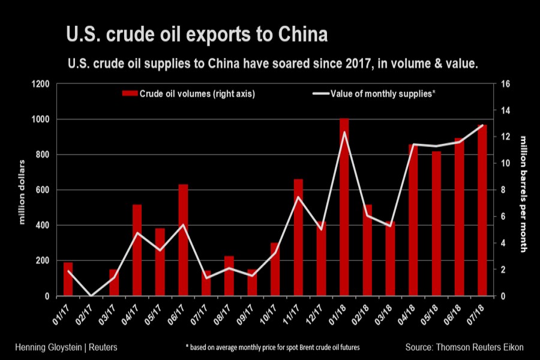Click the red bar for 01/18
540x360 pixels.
pyautogui.click(x=344, y=207)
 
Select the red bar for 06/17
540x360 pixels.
pyautogui.click(x=183, y=240)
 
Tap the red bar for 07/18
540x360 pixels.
pyautogui.click(x=482, y=210)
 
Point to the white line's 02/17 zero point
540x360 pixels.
pyautogui.click(x=91, y=296)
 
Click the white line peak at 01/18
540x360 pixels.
pyautogui.click(x=344, y=132)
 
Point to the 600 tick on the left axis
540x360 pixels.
pyautogui.click(x=43, y=190)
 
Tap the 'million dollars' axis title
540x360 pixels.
pyautogui.click(x=22, y=192)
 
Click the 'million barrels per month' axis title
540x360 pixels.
pyautogui.click(x=523, y=192)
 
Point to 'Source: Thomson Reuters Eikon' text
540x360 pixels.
pyautogui.click(x=464, y=347)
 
